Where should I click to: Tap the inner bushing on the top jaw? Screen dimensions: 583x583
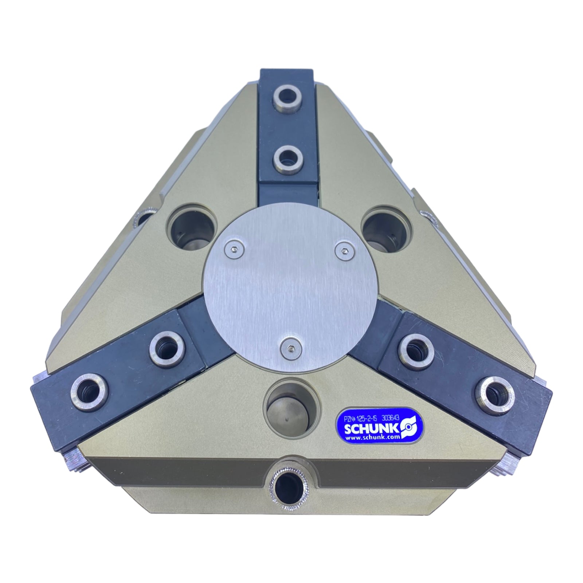(287, 158)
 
